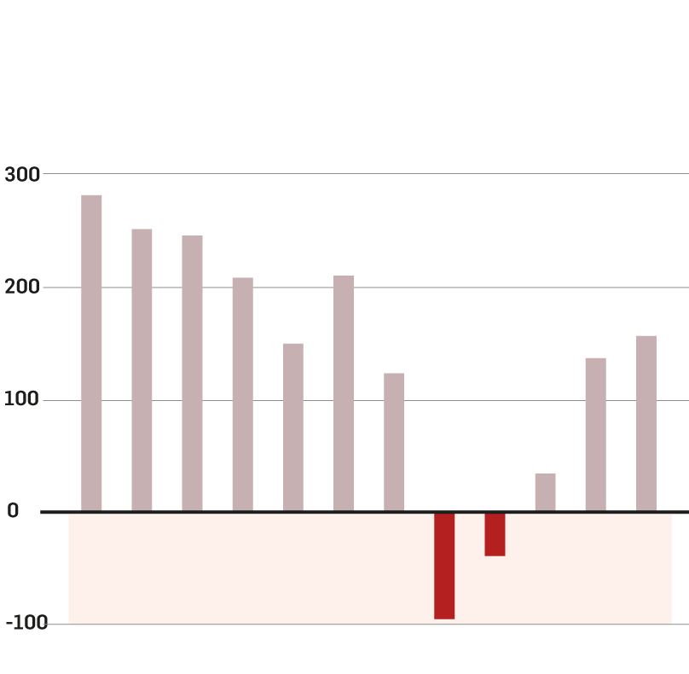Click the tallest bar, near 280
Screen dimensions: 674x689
[91, 353]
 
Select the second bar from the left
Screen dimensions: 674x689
[142, 370]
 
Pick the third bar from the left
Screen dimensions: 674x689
[192, 373]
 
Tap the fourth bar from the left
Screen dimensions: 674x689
[242, 394]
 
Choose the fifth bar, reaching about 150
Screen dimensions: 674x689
[292, 427]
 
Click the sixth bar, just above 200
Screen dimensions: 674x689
[343, 393]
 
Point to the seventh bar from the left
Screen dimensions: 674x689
[393, 442]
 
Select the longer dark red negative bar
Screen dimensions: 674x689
[443, 566]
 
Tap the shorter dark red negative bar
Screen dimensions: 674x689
[495, 534]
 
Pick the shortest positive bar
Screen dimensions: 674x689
[545, 492]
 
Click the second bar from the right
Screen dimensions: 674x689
[595, 434]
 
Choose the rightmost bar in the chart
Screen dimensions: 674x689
[646, 423]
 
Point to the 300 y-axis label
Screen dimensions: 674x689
[22, 175]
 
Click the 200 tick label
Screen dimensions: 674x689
[22, 288]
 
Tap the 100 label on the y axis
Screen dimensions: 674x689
[22, 400]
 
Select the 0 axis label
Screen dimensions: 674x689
[13, 511]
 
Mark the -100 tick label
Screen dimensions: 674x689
[26, 624]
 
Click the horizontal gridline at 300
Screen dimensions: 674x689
[384, 174]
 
